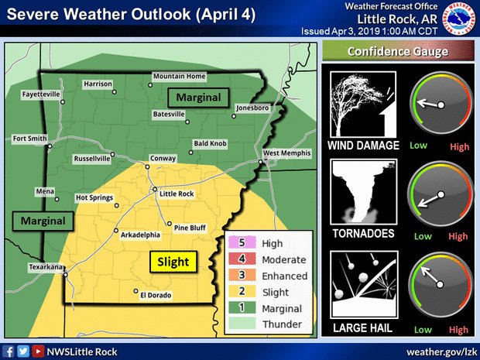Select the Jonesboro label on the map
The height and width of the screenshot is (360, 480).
(254, 108)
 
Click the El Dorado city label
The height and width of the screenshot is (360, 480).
(154, 295)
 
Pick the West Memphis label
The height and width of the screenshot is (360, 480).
(287, 153)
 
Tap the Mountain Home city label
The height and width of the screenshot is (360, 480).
(179, 77)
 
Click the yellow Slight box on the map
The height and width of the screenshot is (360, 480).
(173, 262)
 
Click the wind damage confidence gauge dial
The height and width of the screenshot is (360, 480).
(440, 105)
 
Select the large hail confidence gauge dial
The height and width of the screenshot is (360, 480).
(440, 281)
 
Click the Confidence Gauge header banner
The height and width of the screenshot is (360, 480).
(398, 51)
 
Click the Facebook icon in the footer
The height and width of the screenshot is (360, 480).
(8, 351)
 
